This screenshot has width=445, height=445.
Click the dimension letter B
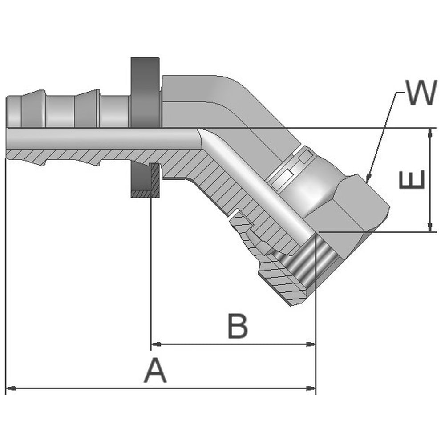click(x=238, y=326)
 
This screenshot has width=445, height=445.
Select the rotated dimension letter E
click(x=412, y=179)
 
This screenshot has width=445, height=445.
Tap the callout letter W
click(x=421, y=92)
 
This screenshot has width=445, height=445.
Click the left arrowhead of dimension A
click(x=11, y=388)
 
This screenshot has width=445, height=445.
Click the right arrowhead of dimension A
click(x=311, y=388)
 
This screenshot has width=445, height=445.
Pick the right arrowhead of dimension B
click(x=311, y=344)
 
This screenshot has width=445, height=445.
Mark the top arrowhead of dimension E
click(x=430, y=133)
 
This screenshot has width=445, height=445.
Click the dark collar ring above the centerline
click(x=145, y=93)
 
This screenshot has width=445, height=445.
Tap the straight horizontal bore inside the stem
click(x=102, y=139)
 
